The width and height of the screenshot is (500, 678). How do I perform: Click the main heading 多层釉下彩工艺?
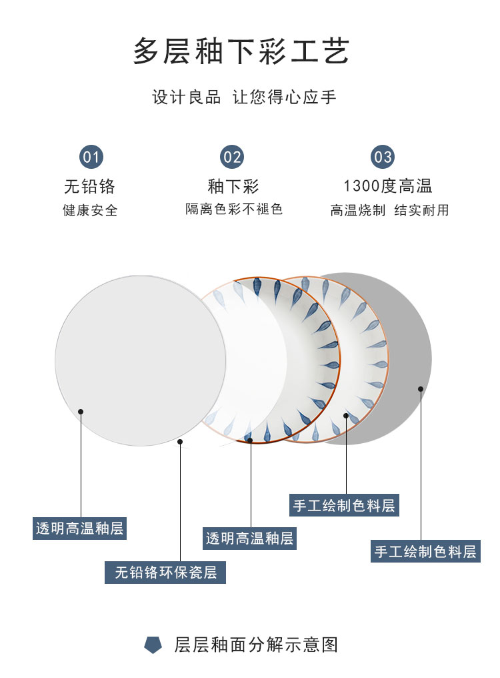coord(241,52)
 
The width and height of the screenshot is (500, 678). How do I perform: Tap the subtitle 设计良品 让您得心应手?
coord(245,97)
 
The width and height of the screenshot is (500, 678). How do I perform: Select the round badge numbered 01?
coord(91,157)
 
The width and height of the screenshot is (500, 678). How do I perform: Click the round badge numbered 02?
coord(232,157)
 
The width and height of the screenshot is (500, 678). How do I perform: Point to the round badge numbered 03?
coord(383,157)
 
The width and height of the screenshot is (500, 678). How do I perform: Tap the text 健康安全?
coord(90,210)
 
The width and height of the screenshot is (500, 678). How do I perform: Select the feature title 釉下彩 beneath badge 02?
coord(233,186)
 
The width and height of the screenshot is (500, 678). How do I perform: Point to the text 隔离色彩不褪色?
coord(234,210)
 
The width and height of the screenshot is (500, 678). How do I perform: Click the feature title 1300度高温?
coord(388,186)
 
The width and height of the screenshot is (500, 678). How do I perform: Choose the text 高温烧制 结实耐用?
coord(389,210)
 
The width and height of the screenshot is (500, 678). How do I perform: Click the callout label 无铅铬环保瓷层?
coord(165,573)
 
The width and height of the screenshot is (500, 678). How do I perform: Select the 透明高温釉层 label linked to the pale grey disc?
coord(79,529)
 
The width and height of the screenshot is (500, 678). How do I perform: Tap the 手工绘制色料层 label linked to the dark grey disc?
coord(425,551)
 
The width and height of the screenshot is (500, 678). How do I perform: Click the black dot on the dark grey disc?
coord(421,388)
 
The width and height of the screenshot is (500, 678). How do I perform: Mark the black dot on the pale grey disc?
coord(81,412)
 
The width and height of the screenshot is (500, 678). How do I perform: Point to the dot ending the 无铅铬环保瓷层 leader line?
coord(180,442)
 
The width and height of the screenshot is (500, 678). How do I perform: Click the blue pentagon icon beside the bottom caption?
coord(153,645)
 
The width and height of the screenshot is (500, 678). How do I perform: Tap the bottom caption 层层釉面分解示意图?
coord(257,645)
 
